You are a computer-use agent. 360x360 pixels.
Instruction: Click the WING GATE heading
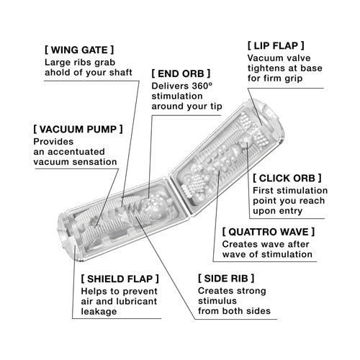(x=79, y=50)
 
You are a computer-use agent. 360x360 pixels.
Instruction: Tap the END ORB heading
(x=181, y=73)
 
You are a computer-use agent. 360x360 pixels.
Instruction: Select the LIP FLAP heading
(x=276, y=45)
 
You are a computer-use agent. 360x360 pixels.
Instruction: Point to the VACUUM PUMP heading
(x=78, y=129)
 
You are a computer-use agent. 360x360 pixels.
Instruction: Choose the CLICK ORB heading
(x=287, y=178)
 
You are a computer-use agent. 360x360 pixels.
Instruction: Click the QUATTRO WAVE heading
(x=269, y=232)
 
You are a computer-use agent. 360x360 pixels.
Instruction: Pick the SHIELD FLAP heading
(x=120, y=279)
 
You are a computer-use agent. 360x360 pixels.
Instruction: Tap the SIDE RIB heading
(x=226, y=279)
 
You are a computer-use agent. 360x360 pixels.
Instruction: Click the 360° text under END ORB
(x=202, y=86)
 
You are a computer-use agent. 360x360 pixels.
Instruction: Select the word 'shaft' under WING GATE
(x=121, y=72)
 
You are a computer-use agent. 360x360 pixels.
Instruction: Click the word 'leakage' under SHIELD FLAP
(x=99, y=312)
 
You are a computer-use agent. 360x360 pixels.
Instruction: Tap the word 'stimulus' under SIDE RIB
(x=217, y=301)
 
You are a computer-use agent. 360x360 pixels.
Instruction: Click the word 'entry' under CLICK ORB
(x=291, y=212)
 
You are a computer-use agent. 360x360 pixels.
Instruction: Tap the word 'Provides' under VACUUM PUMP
(x=53, y=142)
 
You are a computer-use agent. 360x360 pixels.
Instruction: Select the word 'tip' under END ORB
(x=217, y=107)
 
